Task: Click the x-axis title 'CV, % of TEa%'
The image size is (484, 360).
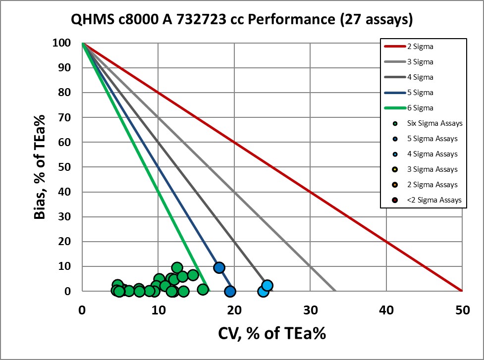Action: pos(272,333)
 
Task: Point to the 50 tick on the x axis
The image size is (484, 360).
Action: pos(462,310)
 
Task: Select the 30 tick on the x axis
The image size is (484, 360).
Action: pos(310,310)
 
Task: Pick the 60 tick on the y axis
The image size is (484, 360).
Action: pos(66,142)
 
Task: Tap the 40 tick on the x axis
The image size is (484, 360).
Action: pos(386,310)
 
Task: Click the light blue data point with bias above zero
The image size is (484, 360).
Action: pos(268,285)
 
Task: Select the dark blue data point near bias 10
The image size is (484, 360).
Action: pos(219,267)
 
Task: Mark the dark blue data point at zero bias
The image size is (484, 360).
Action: pos(230,291)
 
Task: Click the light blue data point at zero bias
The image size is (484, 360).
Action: pos(263,291)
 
